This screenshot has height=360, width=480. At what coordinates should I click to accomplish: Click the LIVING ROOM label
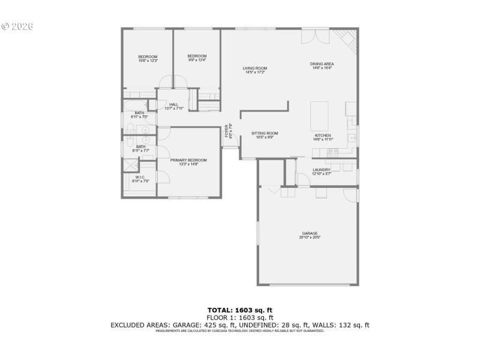pyautogui.click(x=255, y=68)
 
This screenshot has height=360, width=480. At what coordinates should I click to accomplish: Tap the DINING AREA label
pyautogui.click(x=322, y=64)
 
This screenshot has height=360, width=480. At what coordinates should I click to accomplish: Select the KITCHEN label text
pyautogui.click(x=323, y=136)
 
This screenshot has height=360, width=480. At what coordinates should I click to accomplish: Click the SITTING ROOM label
pyautogui.click(x=265, y=133)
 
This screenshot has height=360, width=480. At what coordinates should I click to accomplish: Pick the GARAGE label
pyautogui.click(x=310, y=233)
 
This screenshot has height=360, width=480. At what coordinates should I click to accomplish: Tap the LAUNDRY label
pyautogui.click(x=322, y=170)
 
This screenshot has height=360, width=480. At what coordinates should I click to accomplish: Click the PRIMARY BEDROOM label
pyautogui.click(x=188, y=160)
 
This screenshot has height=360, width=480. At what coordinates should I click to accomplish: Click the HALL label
pyautogui.click(x=174, y=105)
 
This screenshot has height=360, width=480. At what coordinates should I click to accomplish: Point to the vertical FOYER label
pyautogui.click(x=227, y=131)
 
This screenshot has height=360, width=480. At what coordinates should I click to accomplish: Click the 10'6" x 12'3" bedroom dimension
pyautogui.click(x=148, y=61)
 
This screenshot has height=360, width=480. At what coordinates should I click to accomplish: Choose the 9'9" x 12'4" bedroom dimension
pyautogui.click(x=197, y=60)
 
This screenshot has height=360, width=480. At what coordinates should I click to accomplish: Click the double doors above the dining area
pyautogui.click(x=315, y=34)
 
